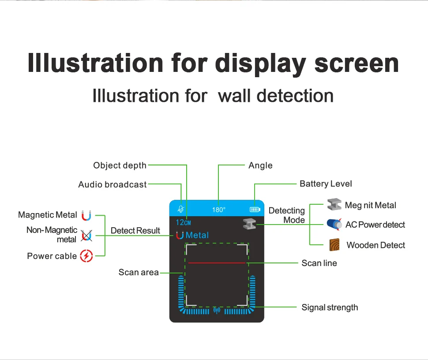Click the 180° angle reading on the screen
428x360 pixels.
pos(218,210)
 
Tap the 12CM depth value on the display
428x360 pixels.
pos(183,222)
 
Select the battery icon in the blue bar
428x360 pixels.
pos(255,210)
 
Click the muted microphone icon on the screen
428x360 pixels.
pos(180,209)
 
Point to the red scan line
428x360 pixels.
pos(217,263)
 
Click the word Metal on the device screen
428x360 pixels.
pos(197,235)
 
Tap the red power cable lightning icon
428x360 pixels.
pos(86,256)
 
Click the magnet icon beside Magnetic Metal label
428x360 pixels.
pos(86,216)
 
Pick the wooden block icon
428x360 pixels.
pos(334,245)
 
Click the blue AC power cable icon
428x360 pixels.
pos(334,225)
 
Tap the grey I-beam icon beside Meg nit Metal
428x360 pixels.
pos(334,205)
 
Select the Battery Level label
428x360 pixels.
pos(326,184)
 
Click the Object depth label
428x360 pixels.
pos(120,165)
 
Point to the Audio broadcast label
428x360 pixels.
pos(112,184)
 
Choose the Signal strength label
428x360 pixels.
pos(330,307)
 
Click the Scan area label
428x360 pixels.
pos(139,272)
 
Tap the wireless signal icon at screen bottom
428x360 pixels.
pos(217,311)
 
